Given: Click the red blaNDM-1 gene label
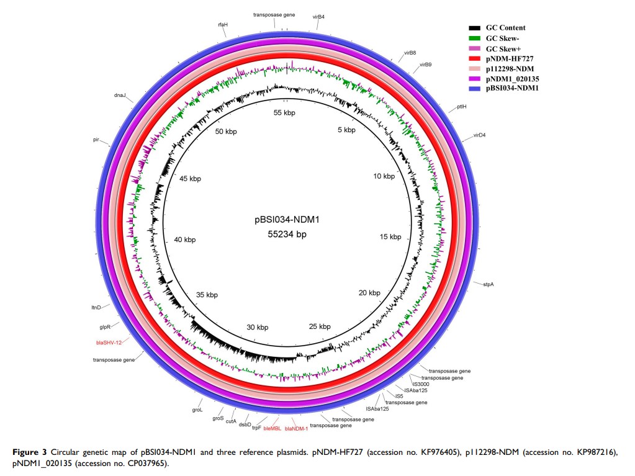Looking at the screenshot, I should [x=296, y=428].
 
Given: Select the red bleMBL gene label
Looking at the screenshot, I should [x=272, y=428].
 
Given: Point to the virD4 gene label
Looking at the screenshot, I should [x=479, y=135].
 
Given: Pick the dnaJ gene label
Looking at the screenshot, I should [x=120, y=96].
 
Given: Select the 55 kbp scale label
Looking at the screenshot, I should [x=285, y=112].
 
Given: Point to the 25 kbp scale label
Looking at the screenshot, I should [x=320, y=326].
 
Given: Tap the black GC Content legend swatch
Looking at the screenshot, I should [x=475, y=28].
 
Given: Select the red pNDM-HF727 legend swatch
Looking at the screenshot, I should [x=475, y=58].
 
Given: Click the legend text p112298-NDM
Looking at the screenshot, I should [x=510, y=68].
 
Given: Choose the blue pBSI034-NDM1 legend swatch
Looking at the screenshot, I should [x=475, y=88].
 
